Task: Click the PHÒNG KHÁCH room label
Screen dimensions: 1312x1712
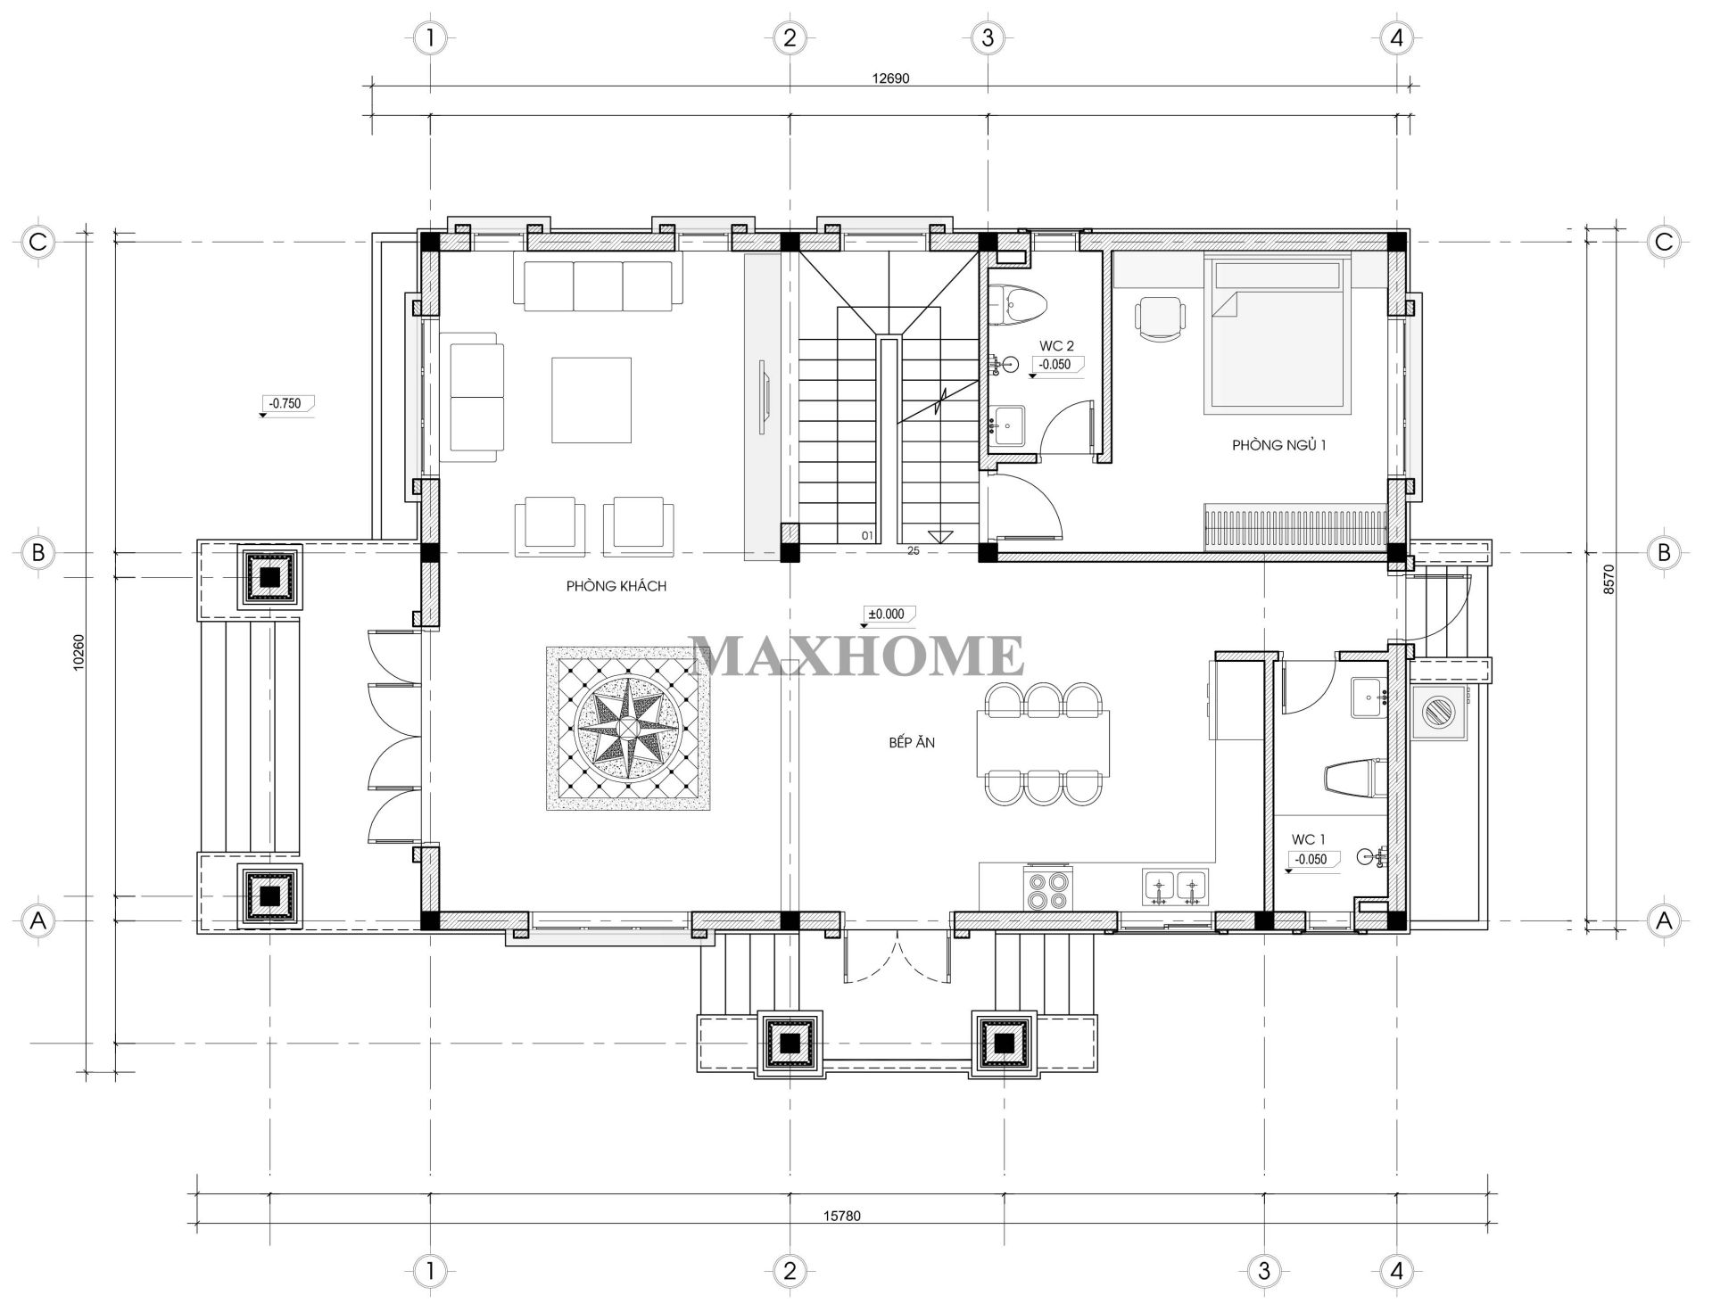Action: point(616,586)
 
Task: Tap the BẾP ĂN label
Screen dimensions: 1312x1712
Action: point(911,742)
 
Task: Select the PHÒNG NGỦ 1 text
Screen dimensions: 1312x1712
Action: point(1278,444)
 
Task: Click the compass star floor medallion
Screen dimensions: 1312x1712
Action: point(628,729)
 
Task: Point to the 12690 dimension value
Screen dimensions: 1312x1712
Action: point(889,78)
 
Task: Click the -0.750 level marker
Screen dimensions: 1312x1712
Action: point(285,403)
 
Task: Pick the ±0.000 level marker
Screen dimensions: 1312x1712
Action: point(887,614)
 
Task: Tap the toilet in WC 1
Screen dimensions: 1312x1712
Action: point(1352,777)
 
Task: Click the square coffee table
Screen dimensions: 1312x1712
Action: point(591,400)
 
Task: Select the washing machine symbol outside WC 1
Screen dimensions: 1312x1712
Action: point(1437,713)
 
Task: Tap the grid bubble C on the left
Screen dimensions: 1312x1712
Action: point(37,242)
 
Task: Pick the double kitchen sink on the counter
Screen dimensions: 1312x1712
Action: point(1175,888)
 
